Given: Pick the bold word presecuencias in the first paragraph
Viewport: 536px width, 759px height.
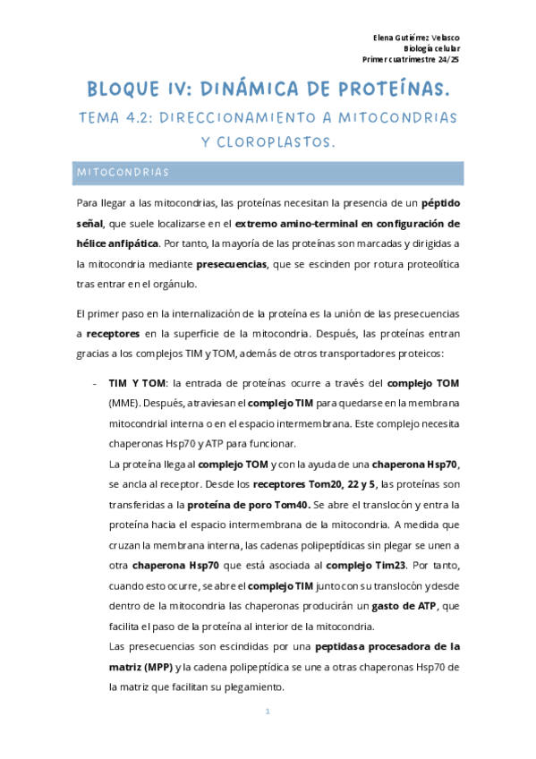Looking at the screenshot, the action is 233,264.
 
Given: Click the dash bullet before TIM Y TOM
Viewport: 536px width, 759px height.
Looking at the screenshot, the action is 96,384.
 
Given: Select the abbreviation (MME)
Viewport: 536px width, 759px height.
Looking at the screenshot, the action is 123,404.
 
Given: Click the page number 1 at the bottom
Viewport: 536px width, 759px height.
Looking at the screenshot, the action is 268,712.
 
